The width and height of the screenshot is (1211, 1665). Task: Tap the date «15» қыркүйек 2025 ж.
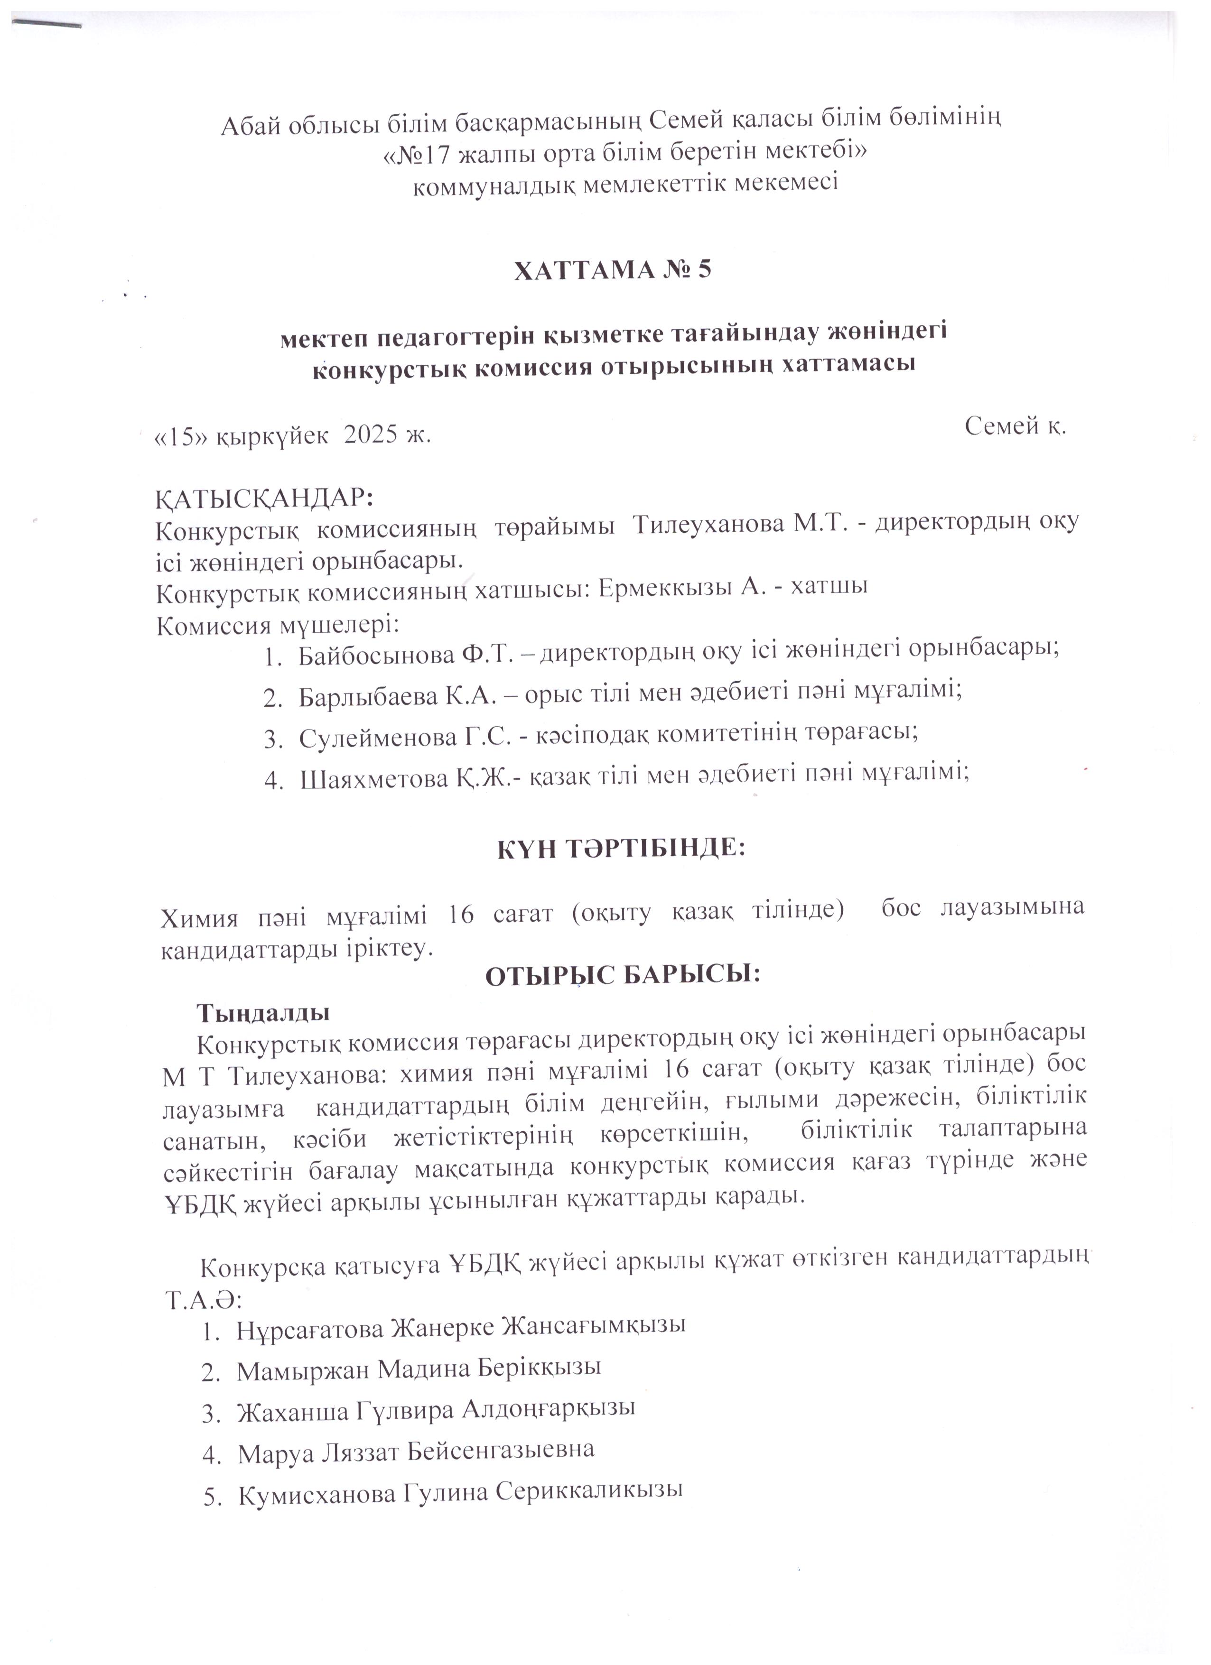coord(291,436)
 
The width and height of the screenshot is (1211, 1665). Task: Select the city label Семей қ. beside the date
coord(1015,426)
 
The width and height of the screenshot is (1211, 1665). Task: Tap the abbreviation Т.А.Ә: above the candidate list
coord(200,1300)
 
